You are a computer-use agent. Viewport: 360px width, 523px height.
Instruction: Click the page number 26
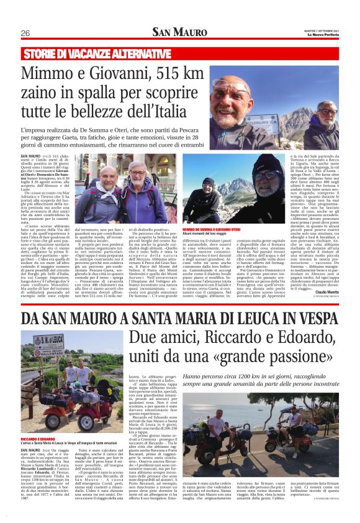(x=25, y=33)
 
